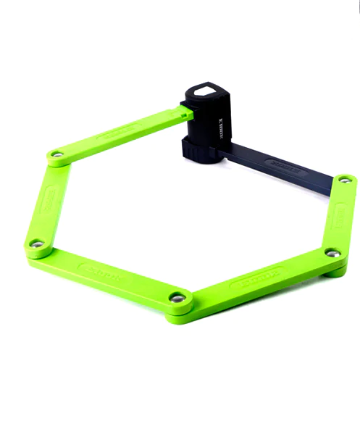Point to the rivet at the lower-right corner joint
[x=332, y=253]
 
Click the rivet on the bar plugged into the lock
[x=56, y=154]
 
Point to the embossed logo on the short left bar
[x=51, y=197]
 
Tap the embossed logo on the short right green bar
[x=338, y=215]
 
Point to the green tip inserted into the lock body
[x=186, y=112]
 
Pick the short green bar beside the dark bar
[x=338, y=217]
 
